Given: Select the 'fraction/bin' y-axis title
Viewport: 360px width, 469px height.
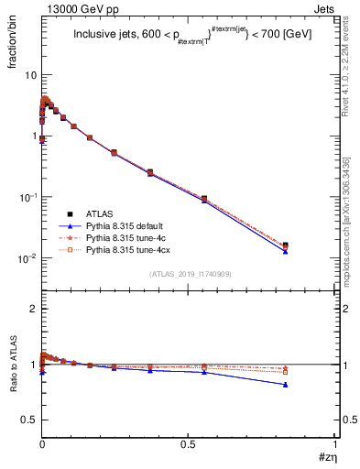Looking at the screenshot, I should [x=11, y=42].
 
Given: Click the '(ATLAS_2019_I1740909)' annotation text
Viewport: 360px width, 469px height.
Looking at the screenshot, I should [x=189, y=274].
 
